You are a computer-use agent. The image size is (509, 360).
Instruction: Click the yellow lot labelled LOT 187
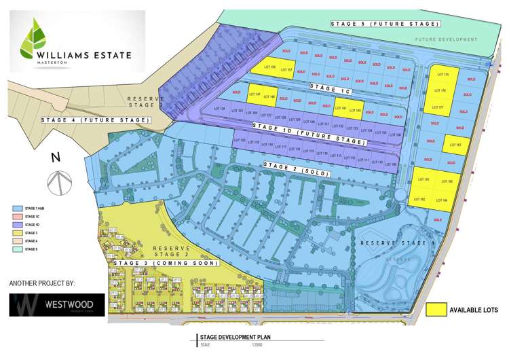[x=453, y=145]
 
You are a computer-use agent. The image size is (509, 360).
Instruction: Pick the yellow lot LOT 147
[x=254, y=95]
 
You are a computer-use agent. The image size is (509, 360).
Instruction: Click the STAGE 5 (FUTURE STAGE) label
[x=385, y=24]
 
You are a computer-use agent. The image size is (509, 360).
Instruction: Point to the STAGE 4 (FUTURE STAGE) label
[x=94, y=120]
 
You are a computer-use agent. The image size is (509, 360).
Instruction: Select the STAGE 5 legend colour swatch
[x=18, y=249]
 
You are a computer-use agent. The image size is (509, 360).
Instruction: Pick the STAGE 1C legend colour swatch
[x=18, y=216]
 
